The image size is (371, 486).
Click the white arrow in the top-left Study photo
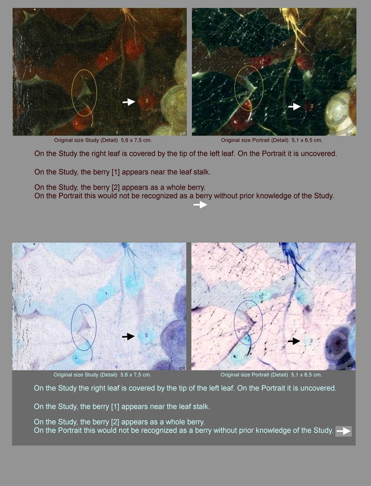(x=129, y=102)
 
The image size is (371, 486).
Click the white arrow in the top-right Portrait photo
(x=294, y=106)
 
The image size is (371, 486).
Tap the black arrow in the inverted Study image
(x=128, y=336)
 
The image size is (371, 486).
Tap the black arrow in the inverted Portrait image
(x=294, y=341)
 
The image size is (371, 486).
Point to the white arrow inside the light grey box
(x=343, y=431)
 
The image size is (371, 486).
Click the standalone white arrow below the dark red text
(x=200, y=205)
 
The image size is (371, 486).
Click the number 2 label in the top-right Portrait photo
(x=312, y=106)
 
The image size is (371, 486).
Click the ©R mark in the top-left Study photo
(x=183, y=134)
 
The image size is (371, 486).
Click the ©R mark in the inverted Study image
(x=182, y=368)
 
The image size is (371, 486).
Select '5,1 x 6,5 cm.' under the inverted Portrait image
(x=307, y=375)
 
